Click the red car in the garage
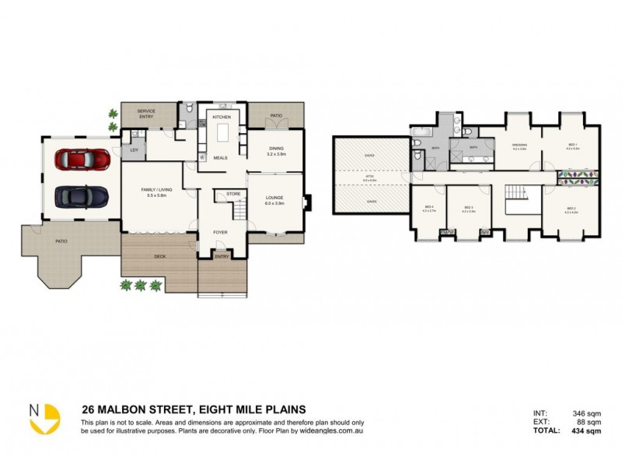pyautogui.click(x=82, y=159)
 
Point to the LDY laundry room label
pyautogui.click(x=135, y=149)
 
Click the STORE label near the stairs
pyautogui.click(x=232, y=193)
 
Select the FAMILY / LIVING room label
pyautogui.click(x=158, y=189)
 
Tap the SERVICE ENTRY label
pyautogui.click(x=146, y=114)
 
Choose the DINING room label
pyautogui.click(x=276, y=148)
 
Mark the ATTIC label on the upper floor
pyautogui.click(x=370, y=176)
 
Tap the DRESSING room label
pyautogui.click(x=520, y=145)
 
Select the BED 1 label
pyautogui.click(x=571, y=145)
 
